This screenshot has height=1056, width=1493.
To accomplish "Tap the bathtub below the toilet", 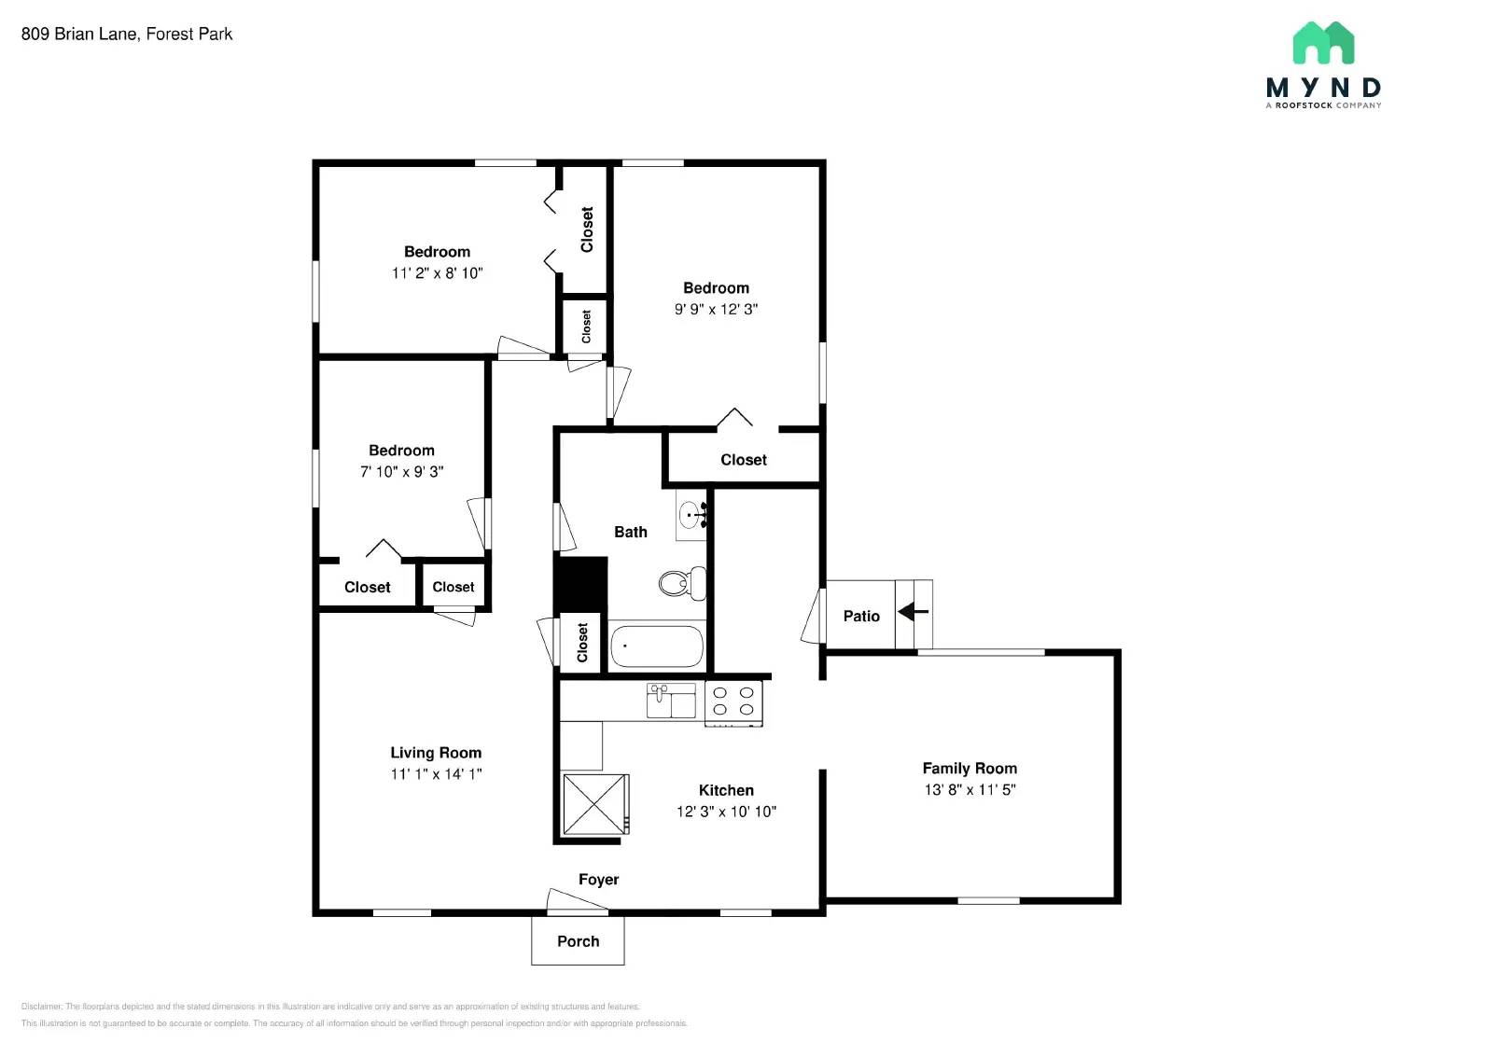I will click(x=656, y=646).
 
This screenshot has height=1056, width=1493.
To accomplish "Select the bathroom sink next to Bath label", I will click(x=691, y=514).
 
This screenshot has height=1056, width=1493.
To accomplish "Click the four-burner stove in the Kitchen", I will click(x=733, y=702).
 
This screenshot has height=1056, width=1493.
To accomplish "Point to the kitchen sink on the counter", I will click(x=671, y=701).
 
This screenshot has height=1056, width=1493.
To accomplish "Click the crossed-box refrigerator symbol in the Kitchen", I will click(x=594, y=803).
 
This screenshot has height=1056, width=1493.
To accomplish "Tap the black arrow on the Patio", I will click(x=914, y=612).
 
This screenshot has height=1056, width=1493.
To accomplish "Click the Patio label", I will click(x=860, y=616).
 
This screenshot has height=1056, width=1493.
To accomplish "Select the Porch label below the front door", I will click(x=578, y=941).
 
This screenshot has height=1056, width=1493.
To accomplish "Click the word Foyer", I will click(x=598, y=880).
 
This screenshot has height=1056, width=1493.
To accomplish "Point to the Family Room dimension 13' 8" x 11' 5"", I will click(x=970, y=789).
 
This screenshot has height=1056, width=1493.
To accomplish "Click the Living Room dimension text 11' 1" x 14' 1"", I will click(x=436, y=773).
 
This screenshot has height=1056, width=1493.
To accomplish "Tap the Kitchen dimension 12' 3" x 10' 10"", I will click(x=726, y=812).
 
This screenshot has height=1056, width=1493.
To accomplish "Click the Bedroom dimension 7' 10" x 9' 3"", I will click(x=401, y=472).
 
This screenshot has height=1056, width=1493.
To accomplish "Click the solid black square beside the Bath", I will click(x=580, y=583).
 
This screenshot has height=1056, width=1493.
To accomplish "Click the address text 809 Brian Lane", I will click(x=80, y=35).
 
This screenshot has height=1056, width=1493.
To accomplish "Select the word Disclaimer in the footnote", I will click(x=41, y=1007).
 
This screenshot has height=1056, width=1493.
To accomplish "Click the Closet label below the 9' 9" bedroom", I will click(x=743, y=460).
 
